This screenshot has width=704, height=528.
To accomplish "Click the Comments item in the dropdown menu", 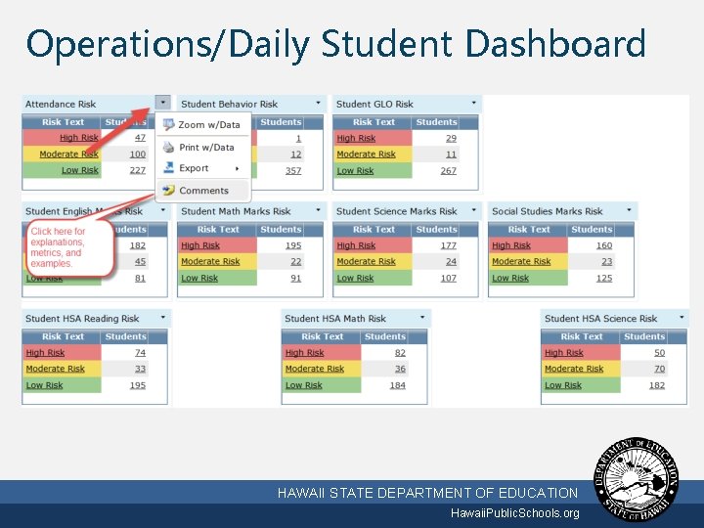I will (x=203, y=191).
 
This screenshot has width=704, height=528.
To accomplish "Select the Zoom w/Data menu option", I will (x=208, y=125).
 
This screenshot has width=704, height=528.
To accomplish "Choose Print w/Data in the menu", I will (x=206, y=148).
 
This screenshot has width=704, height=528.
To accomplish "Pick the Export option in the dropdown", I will (x=194, y=168).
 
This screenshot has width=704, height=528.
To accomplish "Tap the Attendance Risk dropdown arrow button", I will (x=162, y=103).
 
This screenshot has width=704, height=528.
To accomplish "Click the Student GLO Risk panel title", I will (x=374, y=104).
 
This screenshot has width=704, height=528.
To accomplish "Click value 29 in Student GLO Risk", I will (x=451, y=138).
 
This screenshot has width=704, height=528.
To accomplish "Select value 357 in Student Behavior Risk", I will (x=293, y=170).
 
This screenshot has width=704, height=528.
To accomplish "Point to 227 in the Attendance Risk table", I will (x=137, y=170).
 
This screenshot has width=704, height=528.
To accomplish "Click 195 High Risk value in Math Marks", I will (x=293, y=245).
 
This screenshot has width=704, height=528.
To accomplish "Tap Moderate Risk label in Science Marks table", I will (x=366, y=262).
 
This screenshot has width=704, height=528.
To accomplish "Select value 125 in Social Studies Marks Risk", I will (x=604, y=279).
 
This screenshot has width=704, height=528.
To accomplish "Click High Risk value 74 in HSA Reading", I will (x=140, y=353).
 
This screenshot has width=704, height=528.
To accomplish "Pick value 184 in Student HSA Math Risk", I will (x=398, y=385).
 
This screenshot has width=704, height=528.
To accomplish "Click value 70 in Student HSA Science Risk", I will (x=659, y=369).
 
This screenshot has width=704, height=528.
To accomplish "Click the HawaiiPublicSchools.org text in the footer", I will (x=514, y=513).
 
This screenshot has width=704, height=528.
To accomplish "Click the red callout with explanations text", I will (x=62, y=248).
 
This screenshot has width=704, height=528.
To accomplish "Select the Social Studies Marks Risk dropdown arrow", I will (x=629, y=210).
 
